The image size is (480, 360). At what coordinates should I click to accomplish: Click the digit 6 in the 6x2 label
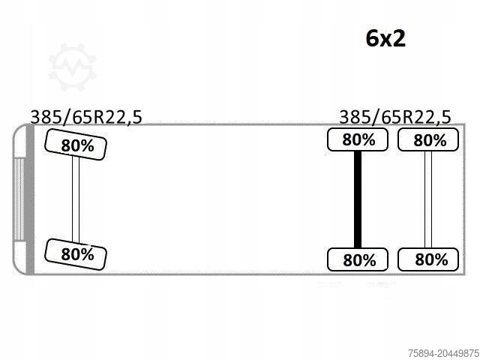(x=372, y=38)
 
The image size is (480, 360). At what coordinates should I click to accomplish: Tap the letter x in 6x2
(x=385, y=40)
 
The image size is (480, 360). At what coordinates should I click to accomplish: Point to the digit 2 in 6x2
(x=399, y=38)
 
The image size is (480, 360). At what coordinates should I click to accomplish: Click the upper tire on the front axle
(x=76, y=145)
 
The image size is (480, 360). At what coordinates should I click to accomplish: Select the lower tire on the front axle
(x=76, y=254)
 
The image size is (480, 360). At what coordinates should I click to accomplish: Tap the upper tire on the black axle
(x=358, y=139)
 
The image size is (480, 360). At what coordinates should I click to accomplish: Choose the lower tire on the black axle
(x=358, y=259)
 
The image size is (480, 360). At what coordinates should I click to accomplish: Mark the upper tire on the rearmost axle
(x=428, y=139)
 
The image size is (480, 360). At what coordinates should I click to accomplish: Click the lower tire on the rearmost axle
(x=428, y=259)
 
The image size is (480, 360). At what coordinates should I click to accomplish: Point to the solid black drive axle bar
(x=358, y=199)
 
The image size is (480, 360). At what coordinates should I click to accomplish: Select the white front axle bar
(x=76, y=199)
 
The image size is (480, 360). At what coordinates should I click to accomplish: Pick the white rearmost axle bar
(x=428, y=199)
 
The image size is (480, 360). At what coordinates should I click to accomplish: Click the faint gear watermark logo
(x=72, y=67)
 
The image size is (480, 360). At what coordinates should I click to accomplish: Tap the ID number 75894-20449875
(x=443, y=353)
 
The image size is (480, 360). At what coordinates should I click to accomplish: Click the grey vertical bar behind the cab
(x=30, y=199)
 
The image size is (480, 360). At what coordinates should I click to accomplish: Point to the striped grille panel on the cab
(x=19, y=199)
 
